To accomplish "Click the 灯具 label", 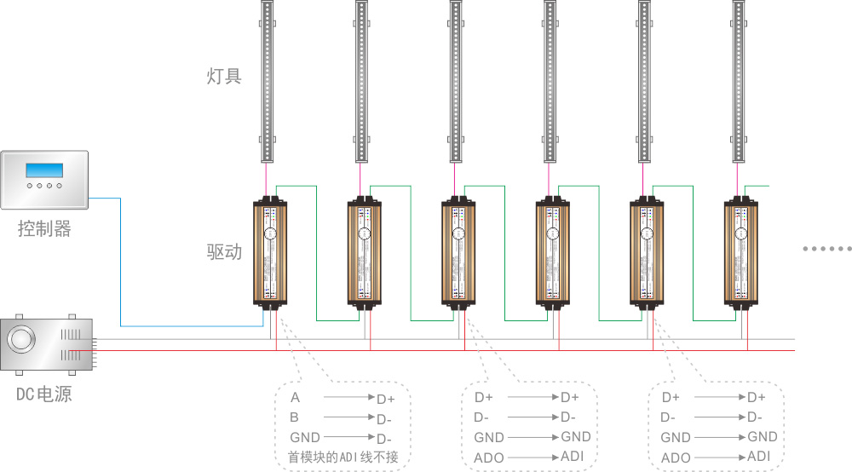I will pyautogui.click(x=224, y=77).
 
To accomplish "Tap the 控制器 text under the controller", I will pyautogui.click(x=44, y=228).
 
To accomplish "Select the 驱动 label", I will pyautogui.click(x=224, y=252).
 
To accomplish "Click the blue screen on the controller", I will pyautogui.click(x=44, y=169).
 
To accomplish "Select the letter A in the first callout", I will pyautogui.click(x=295, y=398).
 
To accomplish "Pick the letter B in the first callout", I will pyautogui.click(x=295, y=417).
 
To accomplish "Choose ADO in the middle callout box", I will pyautogui.click(x=489, y=458).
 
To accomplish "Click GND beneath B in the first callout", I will pyautogui.click(x=305, y=437).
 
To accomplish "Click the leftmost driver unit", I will pyautogui.click(x=272, y=253).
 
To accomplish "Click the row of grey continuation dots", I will pyautogui.click(x=826, y=249).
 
